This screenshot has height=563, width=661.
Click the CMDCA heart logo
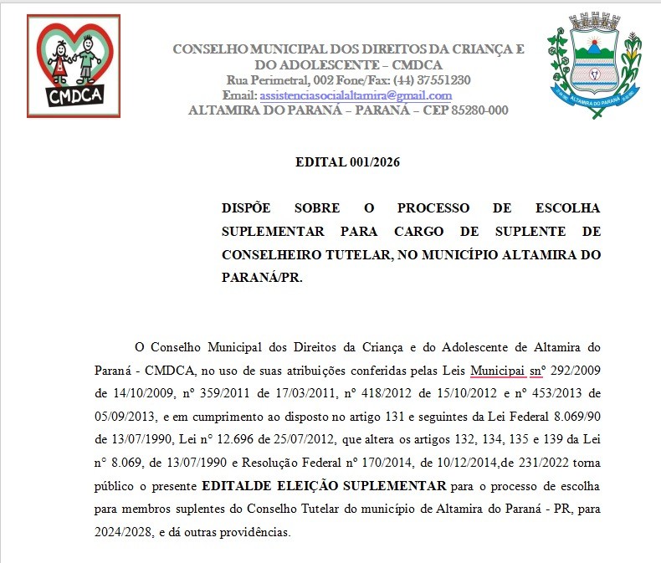coord(74,65)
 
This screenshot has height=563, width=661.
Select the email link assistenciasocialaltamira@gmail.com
coord(356,95)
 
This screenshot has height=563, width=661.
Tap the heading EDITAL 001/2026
coord(347,162)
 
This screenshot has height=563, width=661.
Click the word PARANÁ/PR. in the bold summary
coord(262,277)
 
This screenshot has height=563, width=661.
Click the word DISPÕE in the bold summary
coord(247,207)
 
